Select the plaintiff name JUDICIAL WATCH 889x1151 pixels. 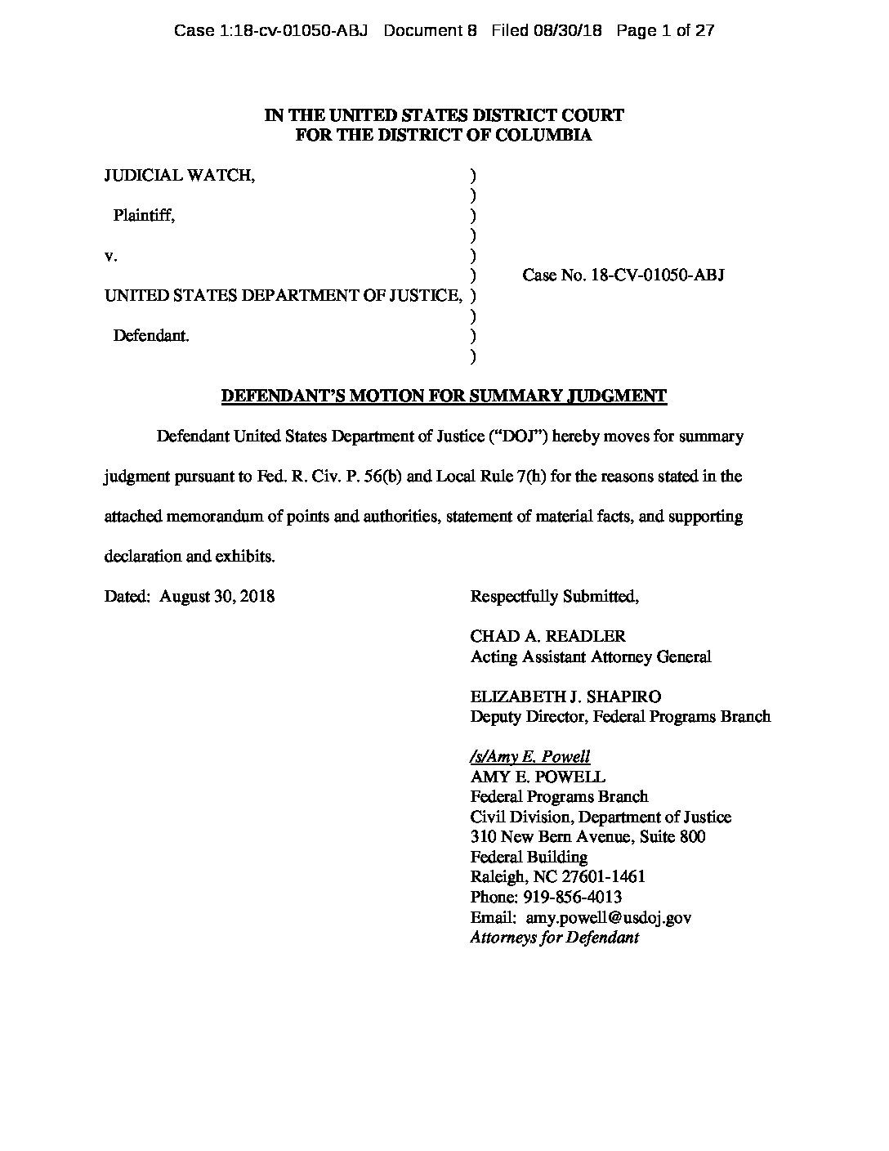(x=179, y=175)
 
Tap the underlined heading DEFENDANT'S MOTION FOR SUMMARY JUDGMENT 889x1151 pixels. (x=444, y=396)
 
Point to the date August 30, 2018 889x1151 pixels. (x=217, y=596)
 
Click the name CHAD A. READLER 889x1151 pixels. (x=548, y=636)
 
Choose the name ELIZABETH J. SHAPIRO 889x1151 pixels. (x=565, y=696)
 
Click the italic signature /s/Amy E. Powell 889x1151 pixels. (x=529, y=756)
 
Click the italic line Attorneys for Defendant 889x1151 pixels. (x=554, y=938)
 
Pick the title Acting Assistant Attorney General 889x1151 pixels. (x=590, y=656)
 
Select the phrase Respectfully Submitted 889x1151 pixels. (x=554, y=596)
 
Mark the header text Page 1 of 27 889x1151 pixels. (x=666, y=31)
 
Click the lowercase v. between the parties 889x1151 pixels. (x=111, y=256)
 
